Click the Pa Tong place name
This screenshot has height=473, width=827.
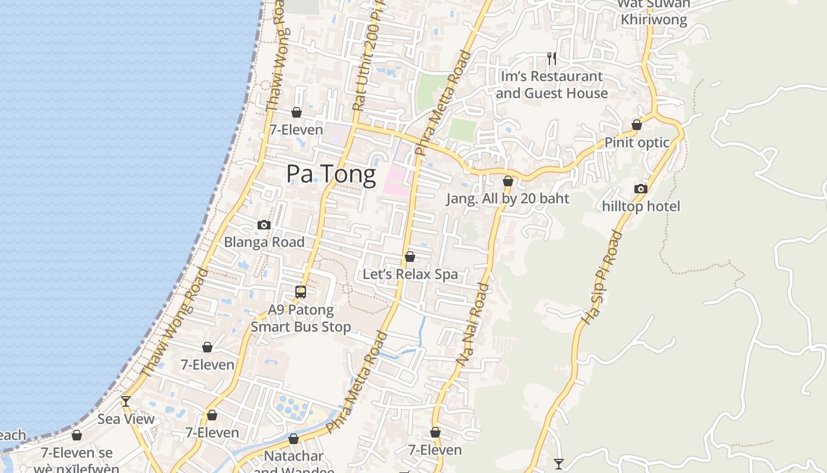(331, 174)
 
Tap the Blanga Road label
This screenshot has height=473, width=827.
(264, 242)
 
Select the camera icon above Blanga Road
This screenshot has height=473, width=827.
(264, 225)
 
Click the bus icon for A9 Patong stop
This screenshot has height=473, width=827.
(301, 291)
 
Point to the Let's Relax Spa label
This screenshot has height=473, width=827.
(410, 274)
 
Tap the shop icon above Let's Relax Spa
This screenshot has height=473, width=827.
(410, 257)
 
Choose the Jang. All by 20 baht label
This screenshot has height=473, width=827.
(507, 199)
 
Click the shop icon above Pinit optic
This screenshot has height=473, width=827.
(637, 125)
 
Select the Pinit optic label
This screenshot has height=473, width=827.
(637, 142)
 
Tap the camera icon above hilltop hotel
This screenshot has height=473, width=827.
(641, 189)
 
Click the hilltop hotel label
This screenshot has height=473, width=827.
(641, 206)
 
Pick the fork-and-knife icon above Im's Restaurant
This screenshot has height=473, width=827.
(552, 58)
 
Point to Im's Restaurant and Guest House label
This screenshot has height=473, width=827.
(552, 85)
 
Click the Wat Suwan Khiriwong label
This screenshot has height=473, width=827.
(653, 12)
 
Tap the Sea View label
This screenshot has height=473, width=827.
(126, 419)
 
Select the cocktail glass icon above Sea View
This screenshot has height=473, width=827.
(126, 401)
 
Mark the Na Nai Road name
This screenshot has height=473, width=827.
(473, 323)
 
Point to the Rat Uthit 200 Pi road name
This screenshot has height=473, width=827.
(366, 59)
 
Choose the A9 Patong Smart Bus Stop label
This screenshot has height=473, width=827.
(301, 318)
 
